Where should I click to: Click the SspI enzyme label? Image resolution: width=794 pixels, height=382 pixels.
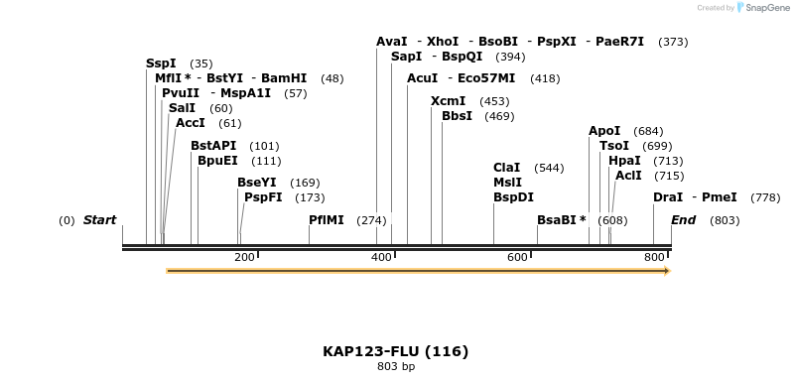coord(161,64)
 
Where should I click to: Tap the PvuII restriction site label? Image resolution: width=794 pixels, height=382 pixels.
coord(181,93)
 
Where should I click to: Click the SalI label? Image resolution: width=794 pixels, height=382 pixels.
coord(182,108)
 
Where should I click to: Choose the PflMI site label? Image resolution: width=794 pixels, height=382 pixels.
coord(327,220)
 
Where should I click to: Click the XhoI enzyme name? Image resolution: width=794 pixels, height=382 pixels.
coord(443,42)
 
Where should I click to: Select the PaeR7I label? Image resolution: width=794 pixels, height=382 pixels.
coord(619,42)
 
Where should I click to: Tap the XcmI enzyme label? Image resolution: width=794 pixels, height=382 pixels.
coord(449,101)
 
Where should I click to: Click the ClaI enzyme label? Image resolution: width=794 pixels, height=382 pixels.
coord(507,168)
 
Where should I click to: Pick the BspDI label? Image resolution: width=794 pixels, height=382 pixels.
coord(513,197)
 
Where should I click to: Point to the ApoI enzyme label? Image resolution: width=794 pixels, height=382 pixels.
coord(604,131)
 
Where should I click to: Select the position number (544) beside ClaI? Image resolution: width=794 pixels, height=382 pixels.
coord(549,168)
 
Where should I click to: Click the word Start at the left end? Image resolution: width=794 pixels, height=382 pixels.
coord(99,220)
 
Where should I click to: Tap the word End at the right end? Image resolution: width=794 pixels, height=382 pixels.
coord(683,220)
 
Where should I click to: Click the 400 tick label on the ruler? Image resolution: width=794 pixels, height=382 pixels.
coord(381,258)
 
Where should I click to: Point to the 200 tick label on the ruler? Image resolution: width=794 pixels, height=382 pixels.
coord(244,258)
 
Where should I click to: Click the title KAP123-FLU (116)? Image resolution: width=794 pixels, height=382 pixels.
coord(395,351)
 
